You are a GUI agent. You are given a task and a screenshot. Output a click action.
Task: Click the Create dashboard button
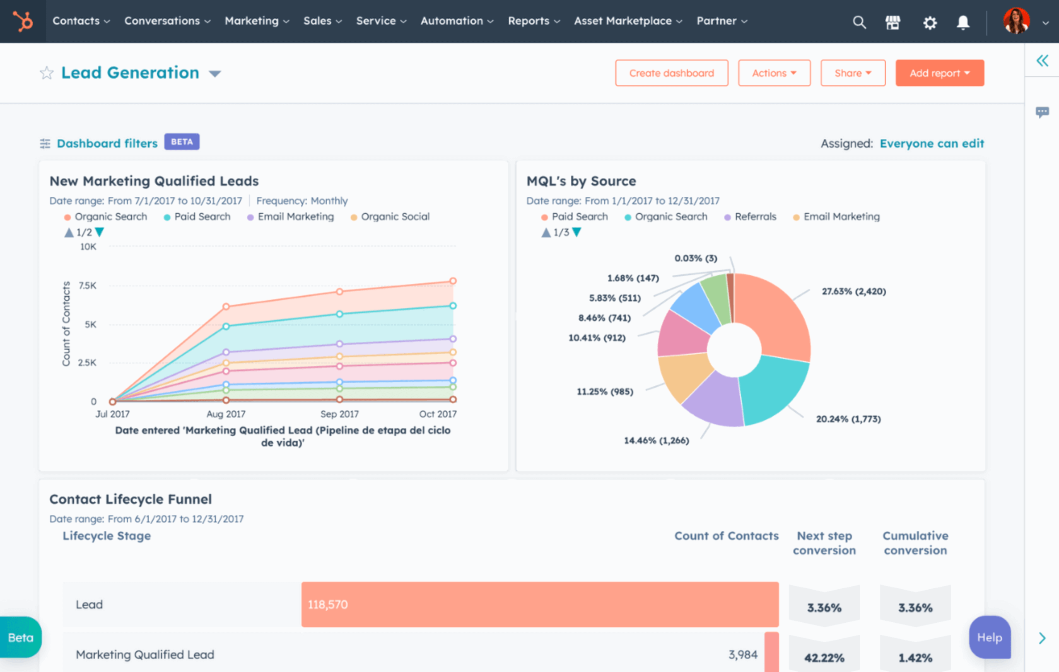pyautogui.click(x=671, y=73)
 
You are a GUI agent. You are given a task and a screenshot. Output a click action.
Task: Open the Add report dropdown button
pyautogui.click(x=939, y=73)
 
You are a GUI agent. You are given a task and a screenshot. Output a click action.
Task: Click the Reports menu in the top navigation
pyautogui.click(x=533, y=21)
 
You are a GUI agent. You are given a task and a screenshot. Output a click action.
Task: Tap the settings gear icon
pyautogui.click(x=929, y=22)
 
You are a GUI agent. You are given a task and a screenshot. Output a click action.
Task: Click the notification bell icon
pyautogui.click(x=963, y=22)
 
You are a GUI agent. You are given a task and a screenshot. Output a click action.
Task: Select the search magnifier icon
pyautogui.click(x=859, y=22)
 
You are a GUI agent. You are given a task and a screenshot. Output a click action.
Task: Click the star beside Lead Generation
pyautogui.click(x=47, y=73)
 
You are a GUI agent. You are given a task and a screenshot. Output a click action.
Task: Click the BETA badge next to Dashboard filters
pyautogui.click(x=182, y=142)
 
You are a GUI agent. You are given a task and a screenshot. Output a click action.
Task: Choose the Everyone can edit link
pyautogui.click(x=931, y=143)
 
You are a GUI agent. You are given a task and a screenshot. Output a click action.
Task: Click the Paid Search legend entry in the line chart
pyautogui.click(x=202, y=217)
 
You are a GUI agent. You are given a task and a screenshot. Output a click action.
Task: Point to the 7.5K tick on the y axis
pyautogui.click(x=87, y=285)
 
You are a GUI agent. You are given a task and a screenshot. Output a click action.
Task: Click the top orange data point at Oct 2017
pyautogui.click(x=453, y=281)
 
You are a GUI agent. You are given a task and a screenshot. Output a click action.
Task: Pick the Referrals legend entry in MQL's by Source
pyautogui.click(x=755, y=217)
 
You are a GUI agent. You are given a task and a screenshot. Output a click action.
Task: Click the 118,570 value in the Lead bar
pyautogui.click(x=328, y=604)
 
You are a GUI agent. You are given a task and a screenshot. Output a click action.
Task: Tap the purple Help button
pyautogui.click(x=989, y=637)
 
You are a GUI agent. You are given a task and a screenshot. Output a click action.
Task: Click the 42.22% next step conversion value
pyautogui.click(x=824, y=657)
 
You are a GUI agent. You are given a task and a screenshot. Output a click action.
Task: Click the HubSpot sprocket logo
pyautogui.click(x=23, y=21)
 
